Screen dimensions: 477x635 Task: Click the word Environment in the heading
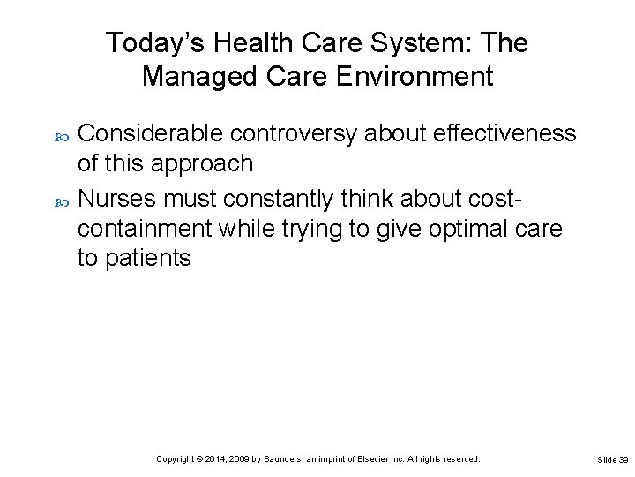[418, 77]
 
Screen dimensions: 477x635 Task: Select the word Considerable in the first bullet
[153, 133]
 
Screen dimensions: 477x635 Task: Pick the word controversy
[295, 133]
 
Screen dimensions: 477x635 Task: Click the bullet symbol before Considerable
[62, 134]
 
